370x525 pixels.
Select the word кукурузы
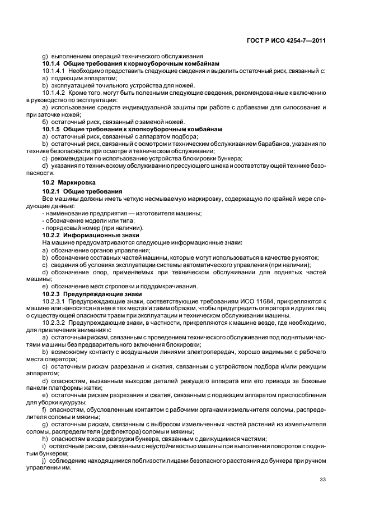click(85, 403)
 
